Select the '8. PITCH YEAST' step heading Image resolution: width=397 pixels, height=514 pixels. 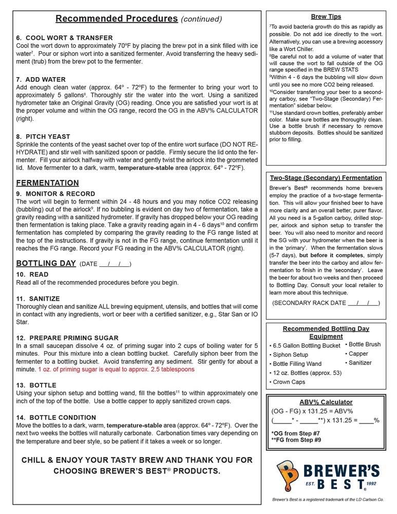pos(43,137)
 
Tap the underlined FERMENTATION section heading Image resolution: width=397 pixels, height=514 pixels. pos(47,183)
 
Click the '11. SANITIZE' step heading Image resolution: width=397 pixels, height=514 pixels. pos(38,299)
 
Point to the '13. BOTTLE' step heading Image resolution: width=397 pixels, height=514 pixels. pos(36,385)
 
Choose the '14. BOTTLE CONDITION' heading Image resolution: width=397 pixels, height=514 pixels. pos(56,417)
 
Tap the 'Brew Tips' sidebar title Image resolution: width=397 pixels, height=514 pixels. pos(326,17)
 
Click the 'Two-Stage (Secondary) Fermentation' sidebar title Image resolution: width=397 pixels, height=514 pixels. pos(326,178)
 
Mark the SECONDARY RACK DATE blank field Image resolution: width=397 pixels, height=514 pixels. pos(363,303)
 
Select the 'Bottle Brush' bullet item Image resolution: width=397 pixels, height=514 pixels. pos(364,344)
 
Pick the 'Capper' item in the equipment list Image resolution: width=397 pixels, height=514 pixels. pos(358,354)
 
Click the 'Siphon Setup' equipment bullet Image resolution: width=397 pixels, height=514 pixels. pos(290,355)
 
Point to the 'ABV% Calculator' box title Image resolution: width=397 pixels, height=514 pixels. pos(326,402)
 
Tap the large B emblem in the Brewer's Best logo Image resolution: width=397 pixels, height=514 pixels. pos(288,475)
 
